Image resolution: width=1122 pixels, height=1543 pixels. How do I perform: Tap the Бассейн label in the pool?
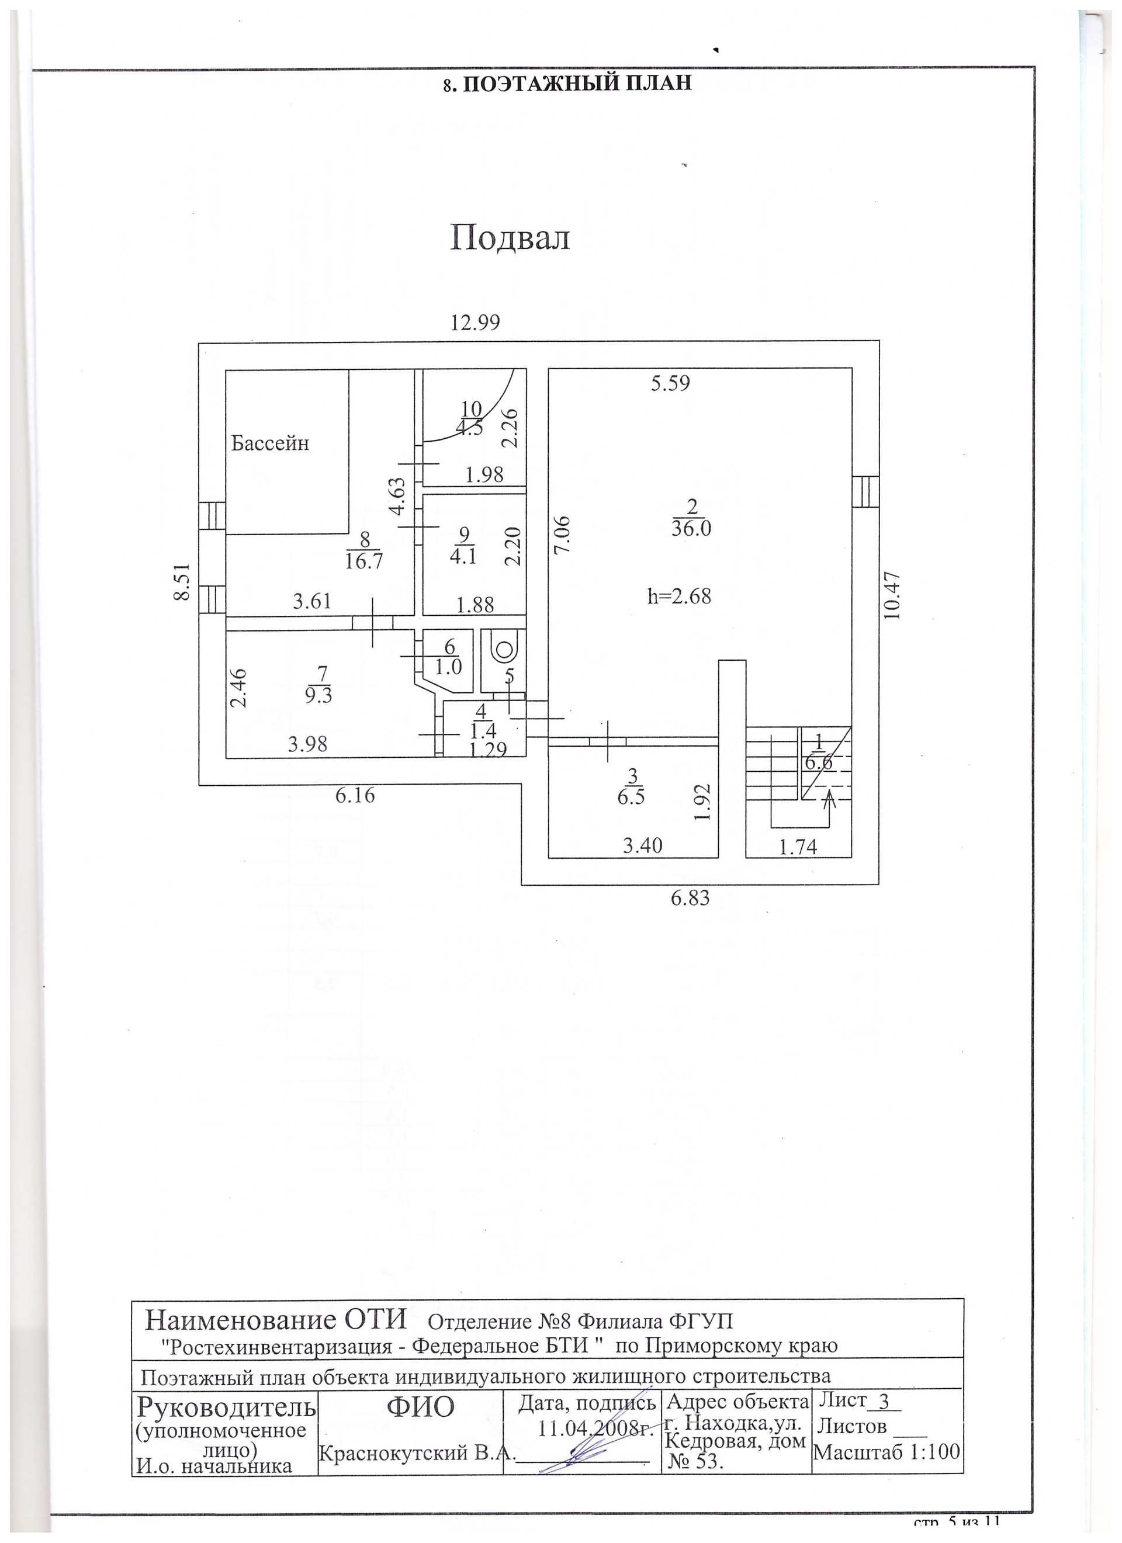pyautogui.click(x=270, y=443)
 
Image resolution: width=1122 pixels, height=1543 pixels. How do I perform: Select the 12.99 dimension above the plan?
pyautogui.click(x=476, y=322)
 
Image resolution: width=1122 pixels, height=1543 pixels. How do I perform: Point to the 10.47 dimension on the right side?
pyautogui.click(x=893, y=594)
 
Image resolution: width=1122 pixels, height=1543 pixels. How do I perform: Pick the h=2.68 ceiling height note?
pyautogui.click(x=679, y=596)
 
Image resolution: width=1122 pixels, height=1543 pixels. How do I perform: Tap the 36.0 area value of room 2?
pyautogui.click(x=691, y=529)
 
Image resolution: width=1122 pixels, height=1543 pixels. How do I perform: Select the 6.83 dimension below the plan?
pyautogui.click(x=690, y=898)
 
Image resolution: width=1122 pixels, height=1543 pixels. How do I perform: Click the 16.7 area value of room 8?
pyautogui.click(x=364, y=561)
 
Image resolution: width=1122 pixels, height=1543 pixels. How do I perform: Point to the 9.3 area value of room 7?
pyautogui.click(x=318, y=696)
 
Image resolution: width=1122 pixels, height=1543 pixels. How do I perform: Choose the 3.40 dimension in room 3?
pyautogui.click(x=643, y=845)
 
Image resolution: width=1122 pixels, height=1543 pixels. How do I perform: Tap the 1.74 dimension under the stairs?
pyautogui.click(x=798, y=847)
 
